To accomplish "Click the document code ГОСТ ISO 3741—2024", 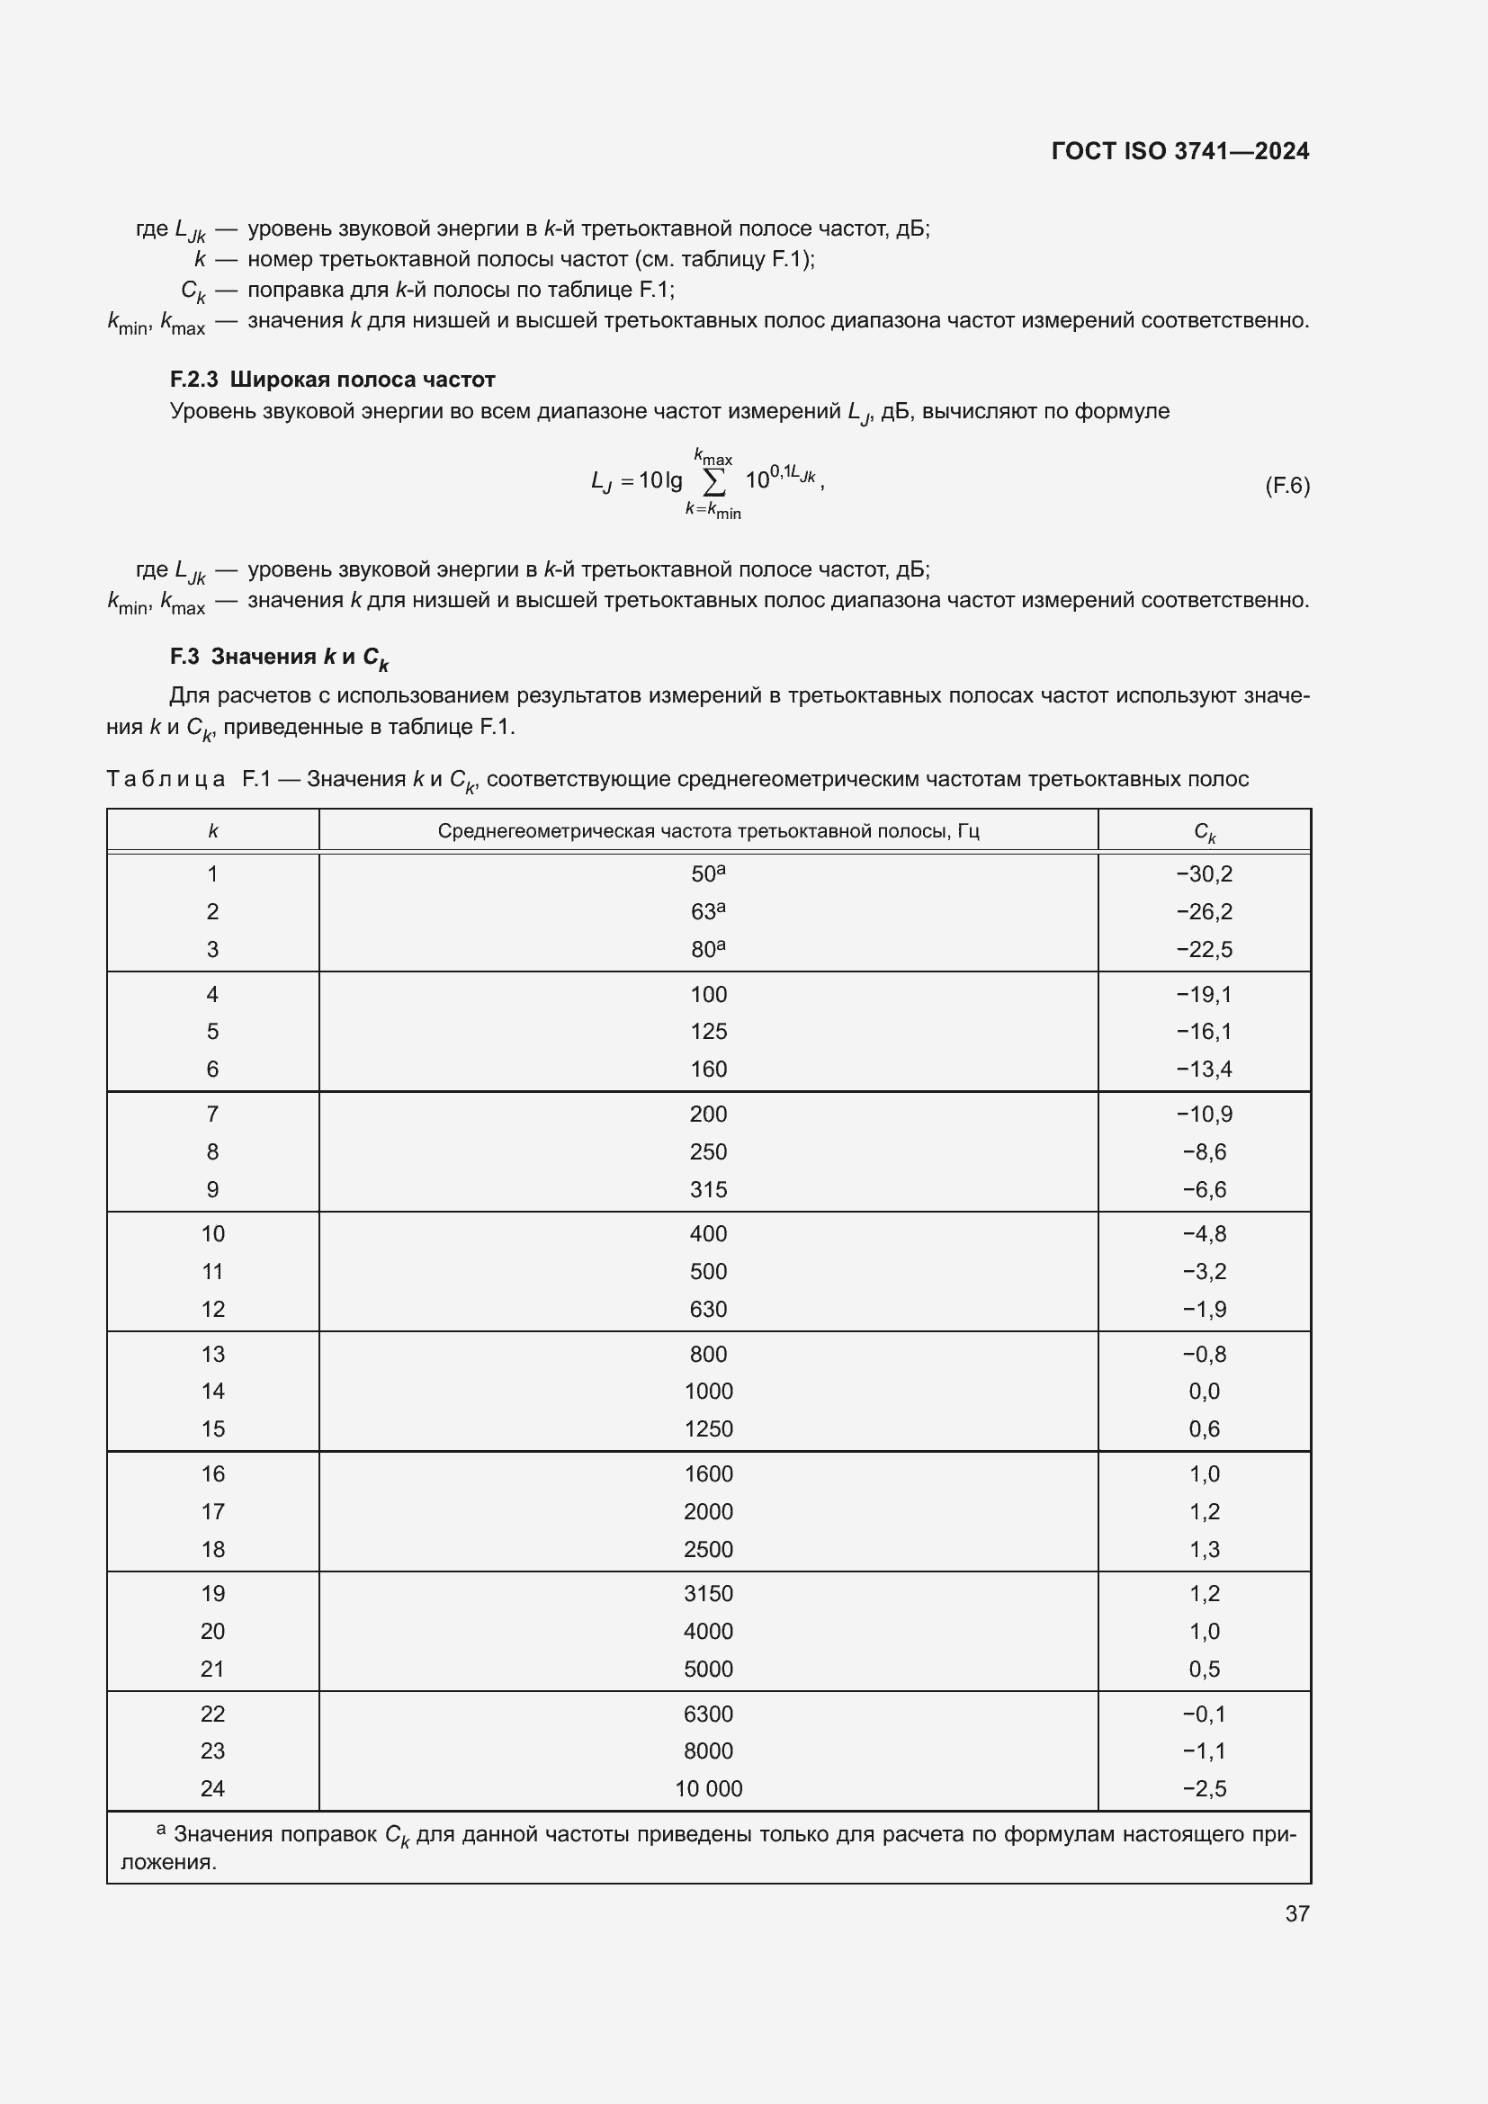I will coord(1179,151).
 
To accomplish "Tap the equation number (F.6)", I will coord(1286,486).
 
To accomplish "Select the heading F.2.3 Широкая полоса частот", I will coord(332,380).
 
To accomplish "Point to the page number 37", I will coord(1296,1913).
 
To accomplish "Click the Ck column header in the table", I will coord(1204,832).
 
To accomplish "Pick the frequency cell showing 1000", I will coord(708,1391).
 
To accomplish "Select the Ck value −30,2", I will coord(1204,874).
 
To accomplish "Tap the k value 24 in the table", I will coord(212,1788).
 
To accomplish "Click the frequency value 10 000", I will coord(708,1788).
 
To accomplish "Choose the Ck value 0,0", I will coord(1204,1391).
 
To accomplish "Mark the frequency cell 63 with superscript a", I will coord(707,912).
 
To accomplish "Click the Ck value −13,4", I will coord(1204,1070).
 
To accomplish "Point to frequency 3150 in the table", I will coord(708,1594).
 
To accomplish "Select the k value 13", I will coord(212,1355).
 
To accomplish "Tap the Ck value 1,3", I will coord(1204,1550).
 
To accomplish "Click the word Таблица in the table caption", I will coord(166,780).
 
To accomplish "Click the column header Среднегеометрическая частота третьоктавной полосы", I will coord(707,832).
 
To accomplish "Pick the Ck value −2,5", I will coord(1204,1788).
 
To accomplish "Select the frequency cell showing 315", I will coord(708,1189).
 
